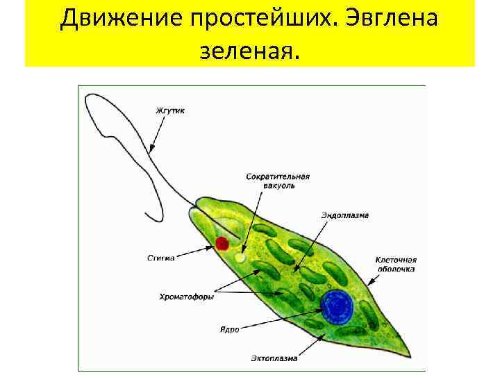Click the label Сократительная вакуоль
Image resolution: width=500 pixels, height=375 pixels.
pos(277,181)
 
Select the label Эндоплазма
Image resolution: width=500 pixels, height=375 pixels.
pos(344,215)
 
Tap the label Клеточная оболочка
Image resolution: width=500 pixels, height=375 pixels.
pos(396,262)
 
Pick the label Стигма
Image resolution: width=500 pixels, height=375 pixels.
pos(160,258)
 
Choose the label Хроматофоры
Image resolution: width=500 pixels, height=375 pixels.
pos(187,297)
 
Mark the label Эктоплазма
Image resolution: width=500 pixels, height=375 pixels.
pos(274,358)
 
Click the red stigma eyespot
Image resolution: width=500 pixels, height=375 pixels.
pos(222,243)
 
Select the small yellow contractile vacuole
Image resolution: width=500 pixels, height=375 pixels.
pos(240,258)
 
